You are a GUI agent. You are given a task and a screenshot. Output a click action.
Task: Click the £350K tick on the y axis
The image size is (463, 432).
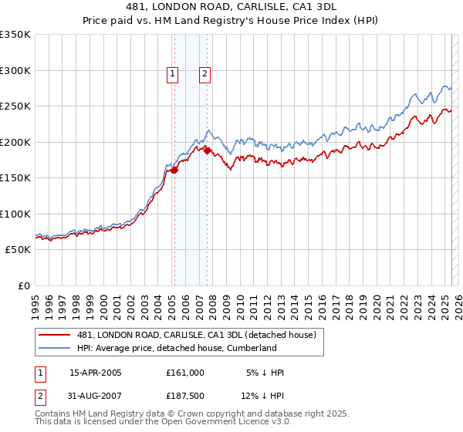[x=15, y=35]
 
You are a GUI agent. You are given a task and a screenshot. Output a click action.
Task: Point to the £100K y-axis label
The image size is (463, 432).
[x=15, y=214]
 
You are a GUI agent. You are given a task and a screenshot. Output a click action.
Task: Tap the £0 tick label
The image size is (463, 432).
[x=23, y=285]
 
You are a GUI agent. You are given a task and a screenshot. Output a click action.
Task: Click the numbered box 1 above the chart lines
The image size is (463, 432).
[x=171, y=74]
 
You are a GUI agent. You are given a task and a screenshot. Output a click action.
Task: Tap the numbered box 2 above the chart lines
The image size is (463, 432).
[x=204, y=74]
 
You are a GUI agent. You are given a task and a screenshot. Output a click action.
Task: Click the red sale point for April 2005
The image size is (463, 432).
[x=174, y=170]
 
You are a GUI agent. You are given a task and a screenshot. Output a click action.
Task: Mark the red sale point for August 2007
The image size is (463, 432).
[x=207, y=151]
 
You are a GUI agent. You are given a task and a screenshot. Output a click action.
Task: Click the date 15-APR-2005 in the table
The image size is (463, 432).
[x=96, y=373]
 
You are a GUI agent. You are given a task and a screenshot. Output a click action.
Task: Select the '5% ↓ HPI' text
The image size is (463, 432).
[x=265, y=373]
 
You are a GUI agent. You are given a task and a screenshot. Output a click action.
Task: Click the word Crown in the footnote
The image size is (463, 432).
[x=191, y=414]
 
